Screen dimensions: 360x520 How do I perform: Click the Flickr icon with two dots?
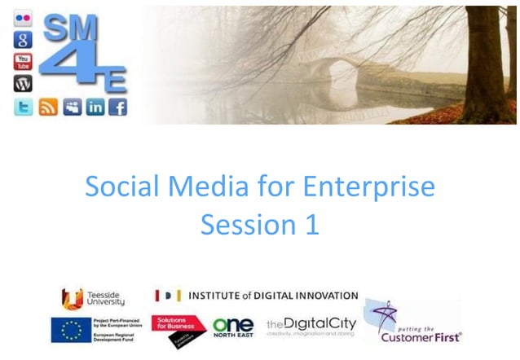pos(22,19)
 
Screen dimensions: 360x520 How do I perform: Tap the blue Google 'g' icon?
pos(22,39)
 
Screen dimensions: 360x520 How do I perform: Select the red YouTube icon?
pos(22,60)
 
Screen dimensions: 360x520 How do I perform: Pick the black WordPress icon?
pos(22,82)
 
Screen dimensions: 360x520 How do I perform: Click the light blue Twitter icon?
pos(23,107)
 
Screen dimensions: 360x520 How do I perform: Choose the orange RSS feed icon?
pos(48,107)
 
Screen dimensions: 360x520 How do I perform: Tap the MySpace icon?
pos(72,107)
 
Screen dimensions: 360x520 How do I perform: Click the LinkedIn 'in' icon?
pos(95,107)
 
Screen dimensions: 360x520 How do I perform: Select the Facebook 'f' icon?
pos(118,107)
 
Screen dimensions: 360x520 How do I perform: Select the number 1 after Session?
pos(311,224)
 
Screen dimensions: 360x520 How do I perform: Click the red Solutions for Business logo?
pos(178,329)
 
